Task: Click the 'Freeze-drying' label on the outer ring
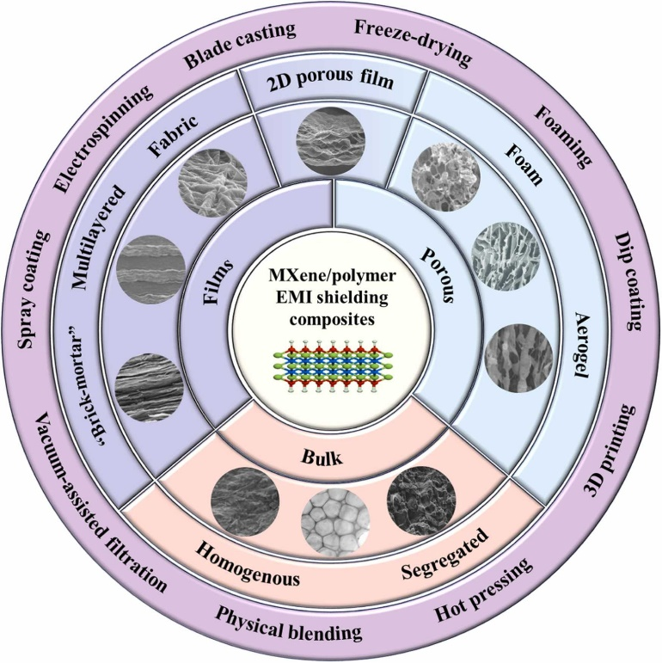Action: point(412,42)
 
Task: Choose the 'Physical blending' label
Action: point(288,627)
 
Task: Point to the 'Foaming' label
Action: point(563,136)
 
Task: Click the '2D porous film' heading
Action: point(331,83)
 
